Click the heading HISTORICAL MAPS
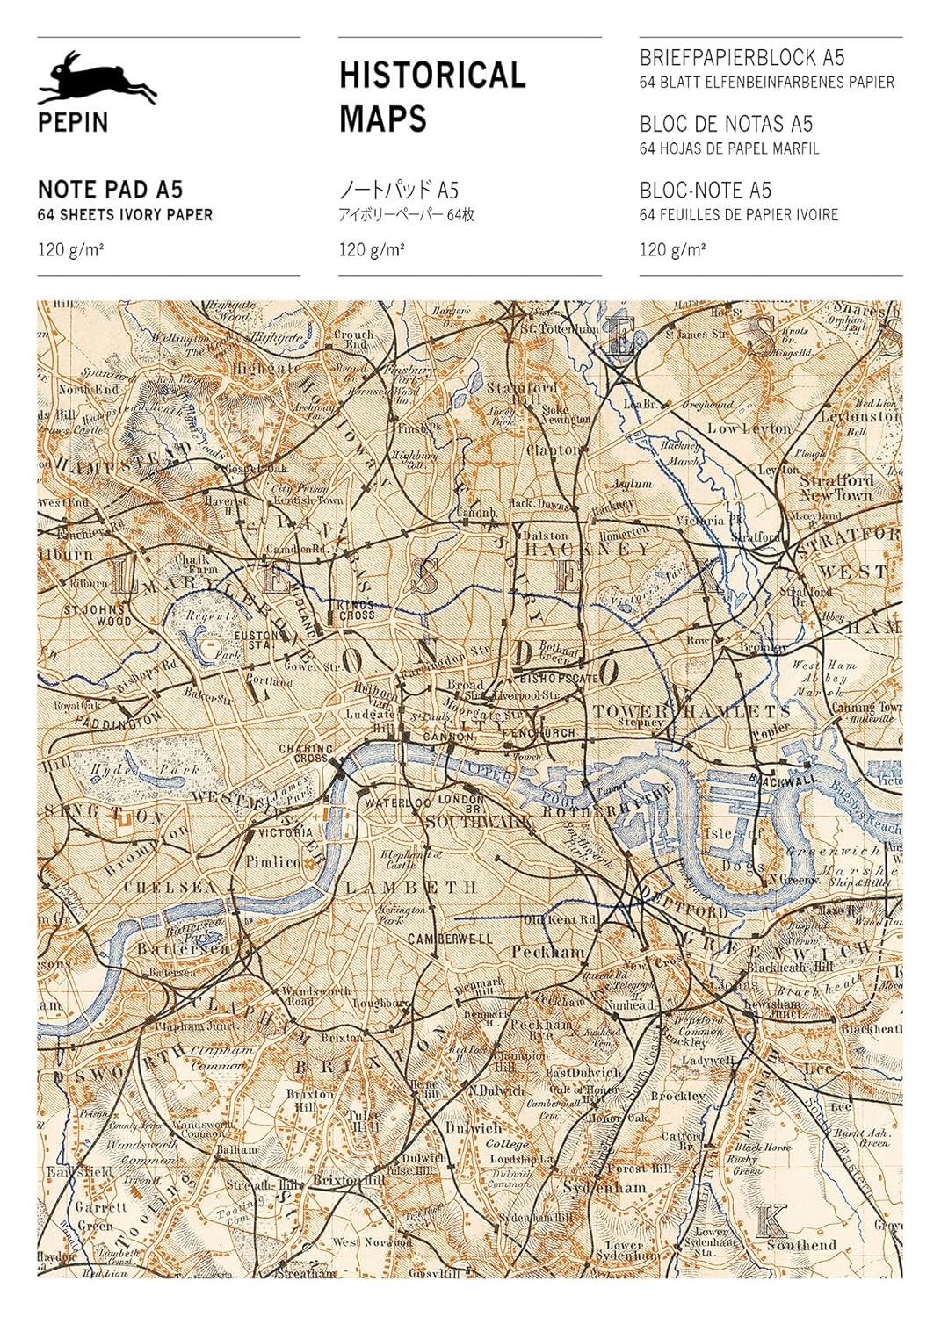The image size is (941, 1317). (431, 97)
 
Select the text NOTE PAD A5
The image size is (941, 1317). (110, 190)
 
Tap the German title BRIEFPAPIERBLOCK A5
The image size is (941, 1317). (742, 58)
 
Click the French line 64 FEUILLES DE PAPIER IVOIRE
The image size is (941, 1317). (738, 215)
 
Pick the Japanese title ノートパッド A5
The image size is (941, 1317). (399, 190)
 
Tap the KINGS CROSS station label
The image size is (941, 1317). (355, 610)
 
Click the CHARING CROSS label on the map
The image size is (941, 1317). (305, 753)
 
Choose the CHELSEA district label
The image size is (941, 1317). (170, 887)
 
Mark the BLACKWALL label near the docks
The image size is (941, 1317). (783, 779)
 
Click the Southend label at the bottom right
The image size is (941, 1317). (801, 1244)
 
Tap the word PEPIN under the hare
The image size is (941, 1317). (73, 122)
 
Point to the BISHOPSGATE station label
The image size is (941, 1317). (559, 679)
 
